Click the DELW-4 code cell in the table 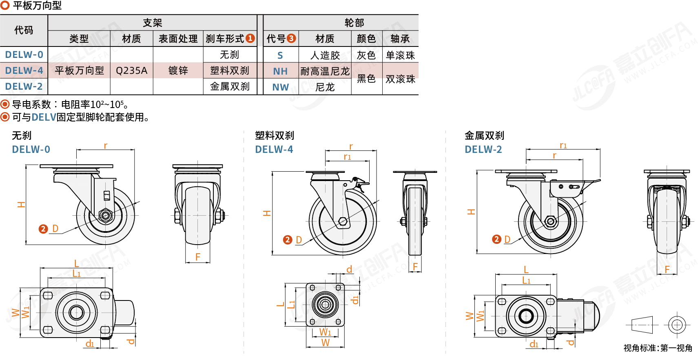point(24,71)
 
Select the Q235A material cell point(131,71)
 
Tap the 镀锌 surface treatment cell point(178,71)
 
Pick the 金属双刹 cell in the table point(230,86)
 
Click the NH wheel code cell point(280,71)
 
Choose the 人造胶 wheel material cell point(325,55)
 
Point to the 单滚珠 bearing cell point(400,55)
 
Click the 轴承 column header point(400,39)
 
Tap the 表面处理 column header point(178,39)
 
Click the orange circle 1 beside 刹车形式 point(250,38)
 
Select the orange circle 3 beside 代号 point(291,38)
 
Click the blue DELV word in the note point(44,117)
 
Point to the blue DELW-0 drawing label point(31,150)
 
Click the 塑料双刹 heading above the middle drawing point(274,135)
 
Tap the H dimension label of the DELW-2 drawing point(471,212)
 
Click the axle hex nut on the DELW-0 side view point(106,215)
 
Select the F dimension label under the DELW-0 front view point(198,257)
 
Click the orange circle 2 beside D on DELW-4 point(288,240)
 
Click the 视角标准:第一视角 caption point(658,348)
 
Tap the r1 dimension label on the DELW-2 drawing point(563,146)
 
